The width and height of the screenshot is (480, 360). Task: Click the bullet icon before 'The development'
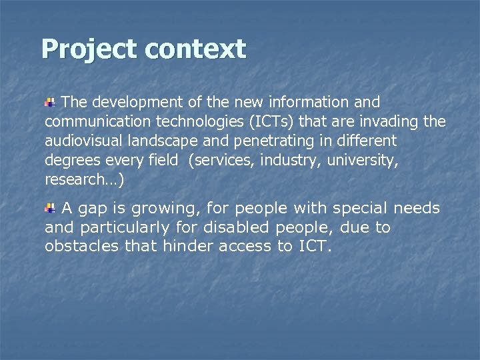click(51, 103)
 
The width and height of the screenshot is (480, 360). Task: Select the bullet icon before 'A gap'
click(51, 209)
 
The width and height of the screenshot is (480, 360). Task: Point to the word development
click(137, 103)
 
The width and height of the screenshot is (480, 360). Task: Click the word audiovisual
click(84, 141)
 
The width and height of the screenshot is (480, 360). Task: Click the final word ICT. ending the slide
click(313, 247)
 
